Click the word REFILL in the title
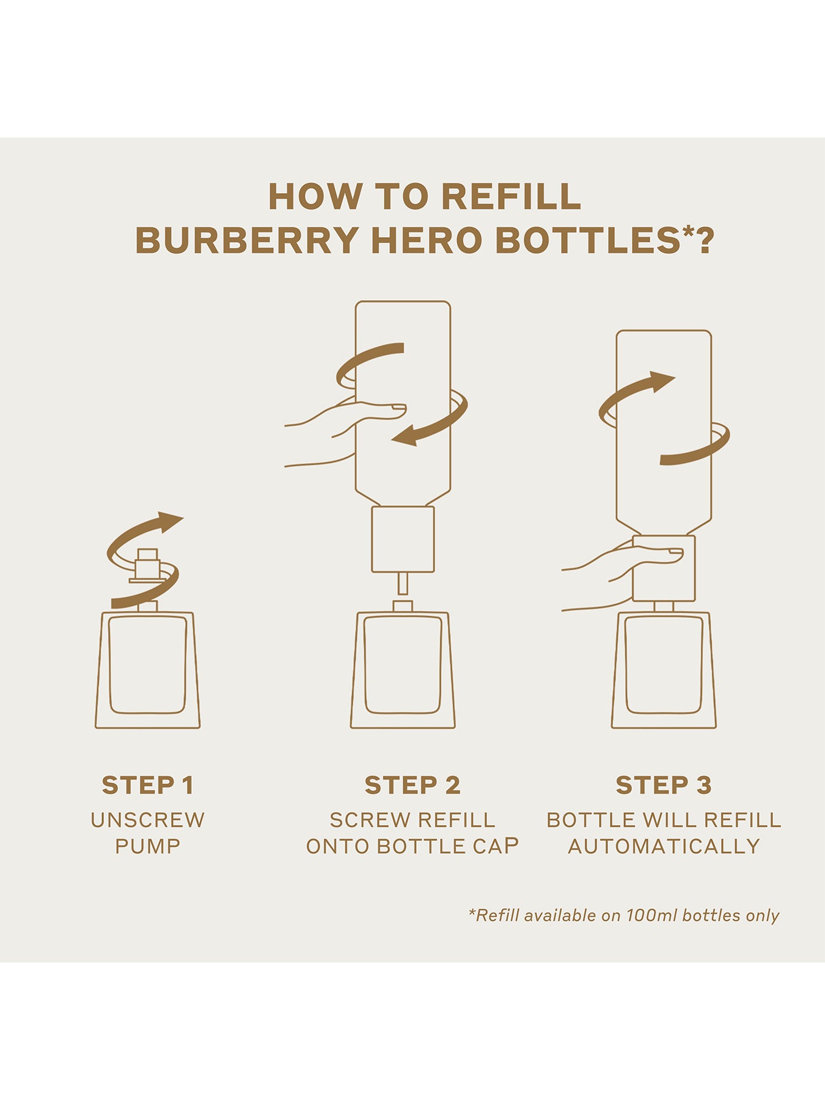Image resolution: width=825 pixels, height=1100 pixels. [510, 196]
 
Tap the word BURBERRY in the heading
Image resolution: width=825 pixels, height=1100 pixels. [247, 240]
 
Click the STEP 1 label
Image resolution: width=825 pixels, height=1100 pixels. [148, 785]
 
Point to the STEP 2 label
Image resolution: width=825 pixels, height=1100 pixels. [413, 785]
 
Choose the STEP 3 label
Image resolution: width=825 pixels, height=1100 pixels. [664, 785]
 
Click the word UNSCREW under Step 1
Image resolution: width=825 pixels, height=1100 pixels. [148, 820]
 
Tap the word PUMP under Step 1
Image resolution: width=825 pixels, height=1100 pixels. [148, 846]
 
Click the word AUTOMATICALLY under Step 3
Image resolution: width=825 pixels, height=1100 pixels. [664, 846]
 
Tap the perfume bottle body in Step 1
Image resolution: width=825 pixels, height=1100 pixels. [148, 670]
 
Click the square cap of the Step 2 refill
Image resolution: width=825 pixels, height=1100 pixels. [403, 539]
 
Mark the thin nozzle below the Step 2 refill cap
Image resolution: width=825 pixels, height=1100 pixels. [403, 583]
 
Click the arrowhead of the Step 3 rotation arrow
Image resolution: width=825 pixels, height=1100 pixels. [662, 381]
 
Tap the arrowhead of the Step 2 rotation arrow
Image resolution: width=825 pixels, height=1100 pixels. [405, 436]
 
